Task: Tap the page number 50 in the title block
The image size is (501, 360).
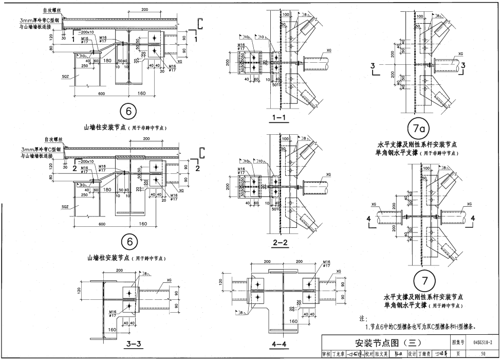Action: pos(483,353)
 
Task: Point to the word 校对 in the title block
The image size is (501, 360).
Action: pos(368,354)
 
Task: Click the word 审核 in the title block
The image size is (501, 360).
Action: pos(326,354)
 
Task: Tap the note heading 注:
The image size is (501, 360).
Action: pos(363,319)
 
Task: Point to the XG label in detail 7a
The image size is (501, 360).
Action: pos(460,53)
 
